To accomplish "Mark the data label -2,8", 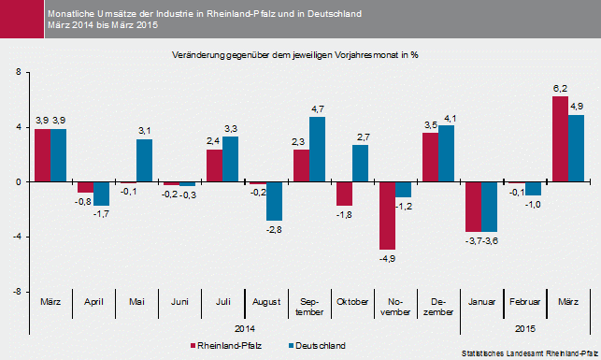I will (275, 228).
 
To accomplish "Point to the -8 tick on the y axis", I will (16, 292).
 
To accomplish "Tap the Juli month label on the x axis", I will (222, 302).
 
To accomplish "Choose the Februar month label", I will (525, 302).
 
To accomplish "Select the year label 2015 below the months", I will (525, 327).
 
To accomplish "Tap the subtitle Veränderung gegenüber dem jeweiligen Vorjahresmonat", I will (294, 56).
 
